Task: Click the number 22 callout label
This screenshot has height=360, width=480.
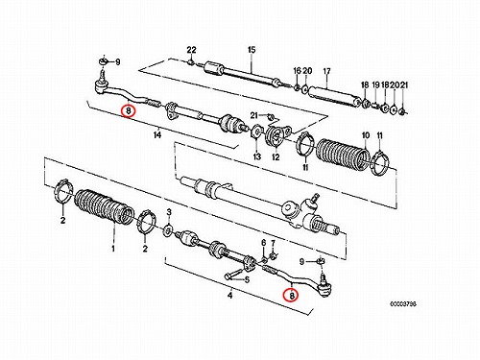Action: (x=191, y=50)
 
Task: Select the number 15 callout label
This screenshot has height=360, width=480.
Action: (x=252, y=50)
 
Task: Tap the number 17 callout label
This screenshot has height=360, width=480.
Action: (x=326, y=71)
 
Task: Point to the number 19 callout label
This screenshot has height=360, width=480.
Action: (x=375, y=84)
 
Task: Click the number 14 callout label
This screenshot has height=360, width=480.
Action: (x=156, y=135)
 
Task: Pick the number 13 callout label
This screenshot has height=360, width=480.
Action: (x=257, y=156)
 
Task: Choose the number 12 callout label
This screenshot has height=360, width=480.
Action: (x=276, y=156)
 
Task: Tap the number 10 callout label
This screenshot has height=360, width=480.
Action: (x=366, y=135)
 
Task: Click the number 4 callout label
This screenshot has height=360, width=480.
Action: (x=229, y=295)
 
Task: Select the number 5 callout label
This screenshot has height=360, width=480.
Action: (x=247, y=280)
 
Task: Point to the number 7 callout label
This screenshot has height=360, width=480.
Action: (x=273, y=243)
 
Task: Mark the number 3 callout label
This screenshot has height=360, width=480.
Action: (x=169, y=212)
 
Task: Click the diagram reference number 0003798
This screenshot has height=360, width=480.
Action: (x=403, y=304)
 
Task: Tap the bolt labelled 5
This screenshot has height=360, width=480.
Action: (x=233, y=274)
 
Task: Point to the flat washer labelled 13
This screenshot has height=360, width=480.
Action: (x=256, y=132)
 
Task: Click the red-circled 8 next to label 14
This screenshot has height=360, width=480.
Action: (x=129, y=110)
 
